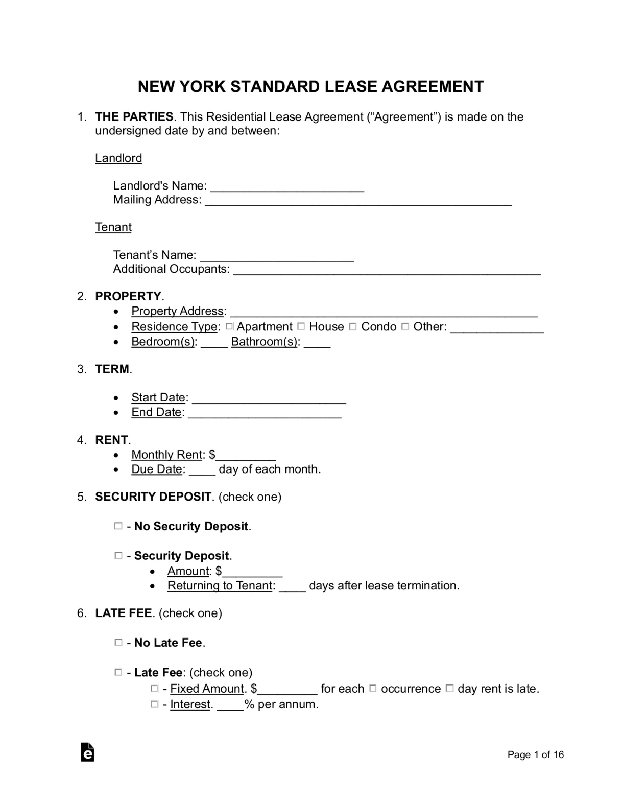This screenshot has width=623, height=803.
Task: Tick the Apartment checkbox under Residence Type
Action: click(229, 326)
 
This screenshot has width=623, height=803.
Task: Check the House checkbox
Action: click(301, 326)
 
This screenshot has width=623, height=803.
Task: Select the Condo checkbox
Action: click(353, 326)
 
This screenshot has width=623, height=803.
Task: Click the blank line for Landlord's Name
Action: click(287, 186)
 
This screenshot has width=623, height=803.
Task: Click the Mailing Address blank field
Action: click(358, 200)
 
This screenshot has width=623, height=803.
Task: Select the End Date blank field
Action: click(265, 413)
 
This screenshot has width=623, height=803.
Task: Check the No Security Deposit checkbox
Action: click(118, 526)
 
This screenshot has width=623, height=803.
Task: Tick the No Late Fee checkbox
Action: click(118, 642)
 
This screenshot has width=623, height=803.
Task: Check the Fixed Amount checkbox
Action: click(155, 688)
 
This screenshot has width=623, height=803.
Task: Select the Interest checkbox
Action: click(155, 704)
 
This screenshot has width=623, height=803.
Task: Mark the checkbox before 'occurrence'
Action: click(373, 688)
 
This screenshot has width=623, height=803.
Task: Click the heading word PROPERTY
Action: click(128, 296)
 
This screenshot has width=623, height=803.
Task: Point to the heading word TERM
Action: click(112, 369)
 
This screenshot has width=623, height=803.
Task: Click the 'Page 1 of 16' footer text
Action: click(535, 754)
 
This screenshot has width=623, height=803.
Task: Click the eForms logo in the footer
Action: click(87, 752)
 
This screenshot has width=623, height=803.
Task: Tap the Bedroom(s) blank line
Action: click(214, 342)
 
